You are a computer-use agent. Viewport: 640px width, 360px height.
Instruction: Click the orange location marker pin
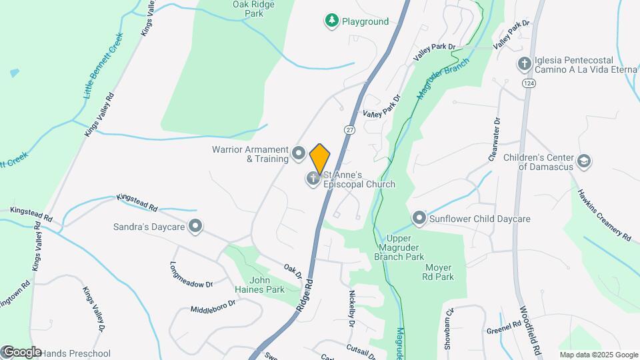point(320,159)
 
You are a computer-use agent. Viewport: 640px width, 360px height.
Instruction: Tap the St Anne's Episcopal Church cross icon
point(313,179)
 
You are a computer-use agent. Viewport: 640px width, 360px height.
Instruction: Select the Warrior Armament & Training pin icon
point(299,154)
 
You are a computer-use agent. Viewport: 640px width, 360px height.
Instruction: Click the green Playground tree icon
point(331,21)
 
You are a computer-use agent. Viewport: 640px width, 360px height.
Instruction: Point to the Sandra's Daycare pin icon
point(195,227)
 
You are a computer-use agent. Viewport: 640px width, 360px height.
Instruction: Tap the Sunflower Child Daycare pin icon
point(419,218)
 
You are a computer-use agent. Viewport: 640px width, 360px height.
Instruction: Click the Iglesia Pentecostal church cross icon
point(525,64)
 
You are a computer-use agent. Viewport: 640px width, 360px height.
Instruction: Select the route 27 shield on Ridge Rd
point(349,129)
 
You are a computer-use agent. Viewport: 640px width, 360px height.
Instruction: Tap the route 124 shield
point(529,83)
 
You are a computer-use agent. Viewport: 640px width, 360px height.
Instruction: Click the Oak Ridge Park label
point(254,8)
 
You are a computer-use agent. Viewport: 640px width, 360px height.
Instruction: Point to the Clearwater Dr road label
point(495,139)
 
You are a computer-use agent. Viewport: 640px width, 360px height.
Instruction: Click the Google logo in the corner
point(21,352)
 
